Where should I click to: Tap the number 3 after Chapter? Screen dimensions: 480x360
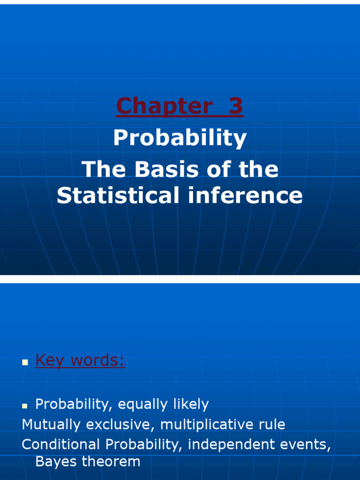pos(236,106)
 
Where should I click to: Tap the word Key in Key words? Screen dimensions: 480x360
pos(51,360)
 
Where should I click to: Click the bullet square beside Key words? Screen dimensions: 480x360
pos(25,362)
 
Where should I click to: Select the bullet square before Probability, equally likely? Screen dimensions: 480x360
pos(25,405)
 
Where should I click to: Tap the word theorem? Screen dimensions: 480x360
pos(111,462)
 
